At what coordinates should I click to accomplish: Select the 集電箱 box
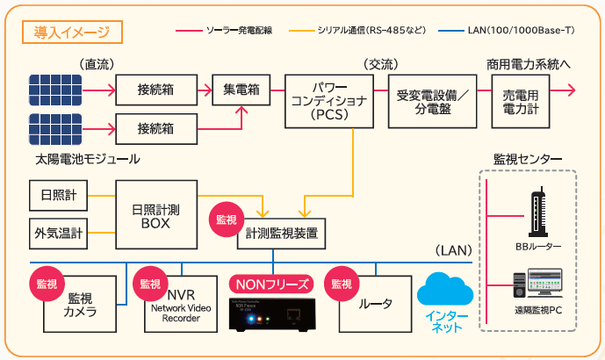coord(240,90)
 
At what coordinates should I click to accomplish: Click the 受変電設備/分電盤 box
coord(432,101)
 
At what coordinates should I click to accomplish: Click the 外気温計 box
coord(59,233)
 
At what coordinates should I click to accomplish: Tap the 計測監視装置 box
coord(281,234)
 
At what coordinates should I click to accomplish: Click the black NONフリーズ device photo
coord(270,313)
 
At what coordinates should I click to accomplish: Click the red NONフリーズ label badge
coord(270,284)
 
